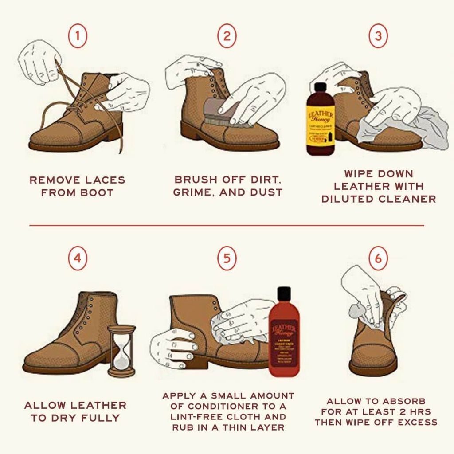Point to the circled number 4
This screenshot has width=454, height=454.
click(78, 258)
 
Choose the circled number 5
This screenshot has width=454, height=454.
click(227, 258)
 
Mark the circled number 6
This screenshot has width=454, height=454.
click(378, 258)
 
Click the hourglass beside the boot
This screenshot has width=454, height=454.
click(121, 351)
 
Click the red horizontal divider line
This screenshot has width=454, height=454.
click(227, 225)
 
